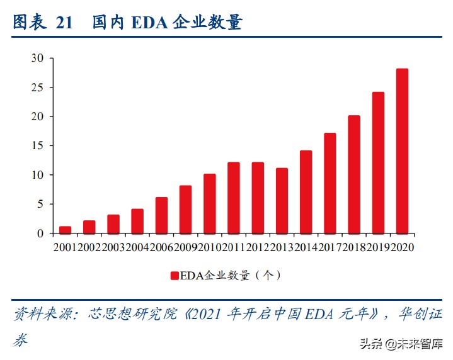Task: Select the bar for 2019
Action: click(378, 163)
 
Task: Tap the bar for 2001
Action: click(65, 230)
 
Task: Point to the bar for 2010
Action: click(210, 204)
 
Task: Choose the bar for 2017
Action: click(330, 183)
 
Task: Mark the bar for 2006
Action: click(161, 215)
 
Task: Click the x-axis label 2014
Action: click(306, 247)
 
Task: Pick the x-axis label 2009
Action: click(185, 247)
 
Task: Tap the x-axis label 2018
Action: click(354, 247)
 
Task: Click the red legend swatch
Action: click(175, 275)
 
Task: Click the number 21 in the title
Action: click(64, 23)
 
